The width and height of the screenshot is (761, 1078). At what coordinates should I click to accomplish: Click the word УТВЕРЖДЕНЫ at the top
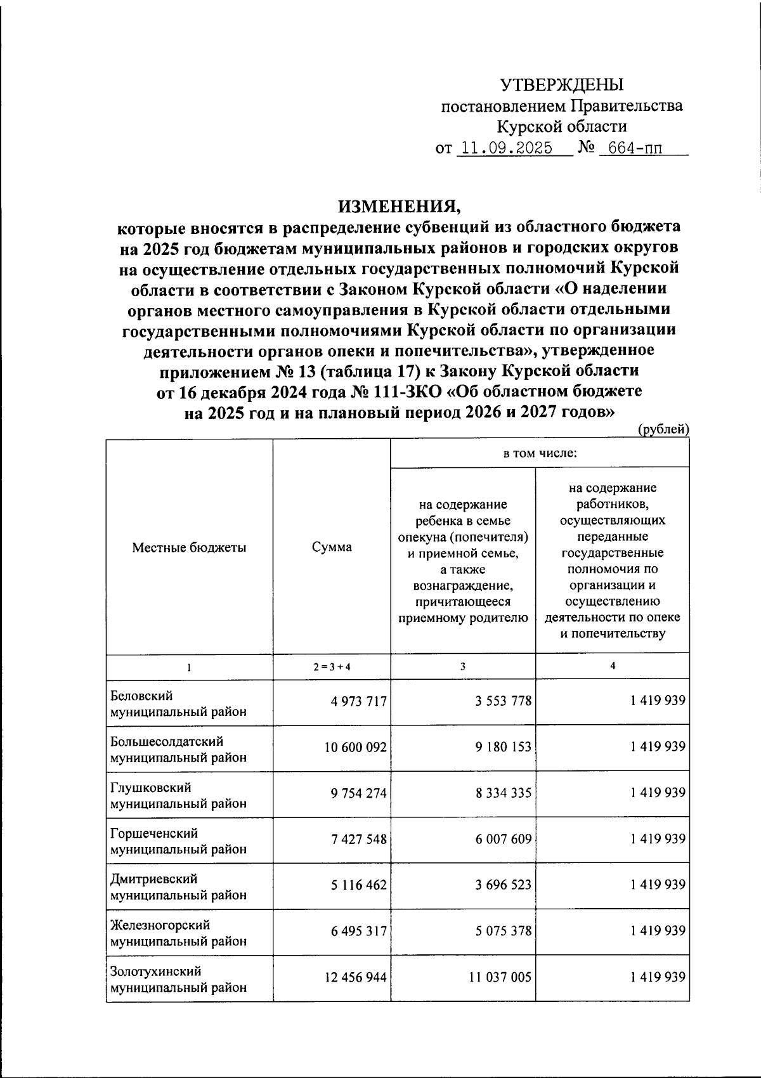pyautogui.click(x=562, y=84)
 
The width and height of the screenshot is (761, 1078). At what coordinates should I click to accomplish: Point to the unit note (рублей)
pyautogui.click(x=663, y=429)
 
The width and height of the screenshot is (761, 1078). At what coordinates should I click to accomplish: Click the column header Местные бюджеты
pyautogui.click(x=189, y=547)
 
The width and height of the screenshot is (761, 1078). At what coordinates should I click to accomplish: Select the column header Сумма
pyautogui.click(x=332, y=547)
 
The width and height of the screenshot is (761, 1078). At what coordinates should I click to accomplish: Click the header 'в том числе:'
pyautogui.click(x=540, y=453)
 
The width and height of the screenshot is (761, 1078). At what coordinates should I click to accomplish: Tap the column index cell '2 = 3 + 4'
pyautogui.click(x=332, y=666)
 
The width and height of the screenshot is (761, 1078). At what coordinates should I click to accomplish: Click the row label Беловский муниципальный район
pyautogui.click(x=178, y=704)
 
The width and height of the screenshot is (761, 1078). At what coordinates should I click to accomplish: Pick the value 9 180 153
pyautogui.click(x=503, y=747)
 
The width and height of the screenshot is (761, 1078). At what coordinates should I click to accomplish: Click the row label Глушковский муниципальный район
pyautogui.click(x=178, y=795)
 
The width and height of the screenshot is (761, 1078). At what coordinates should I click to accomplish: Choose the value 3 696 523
pyautogui.click(x=503, y=885)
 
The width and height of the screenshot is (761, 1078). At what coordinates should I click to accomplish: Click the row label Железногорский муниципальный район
pyautogui.click(x=178, y=933)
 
